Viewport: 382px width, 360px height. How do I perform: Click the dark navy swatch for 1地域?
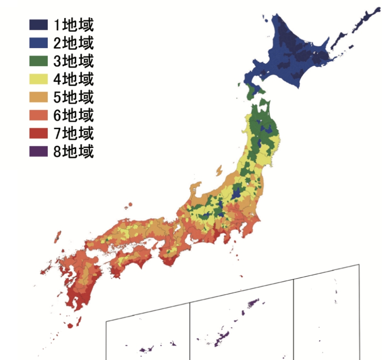click(x=39, y=24)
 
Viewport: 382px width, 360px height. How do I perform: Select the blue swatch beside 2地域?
click(x=39, y=42)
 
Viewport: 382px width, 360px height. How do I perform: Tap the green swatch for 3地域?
click(x=39, y=60)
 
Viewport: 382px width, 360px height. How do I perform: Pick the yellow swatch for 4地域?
click(x=39, y=79)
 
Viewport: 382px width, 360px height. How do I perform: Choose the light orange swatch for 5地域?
click(x=39, y=97)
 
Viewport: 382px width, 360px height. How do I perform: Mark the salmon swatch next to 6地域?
click(x=39, y=115)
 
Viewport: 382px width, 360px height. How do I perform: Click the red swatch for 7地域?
click(x=39, y=133)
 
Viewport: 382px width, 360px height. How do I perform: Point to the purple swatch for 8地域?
click(x=39, y=152)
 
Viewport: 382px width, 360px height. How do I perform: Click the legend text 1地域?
click(x=74, y=24)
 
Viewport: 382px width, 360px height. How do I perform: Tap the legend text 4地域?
click(x=74, y=79)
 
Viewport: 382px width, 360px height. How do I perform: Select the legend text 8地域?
click(x=74, y=152)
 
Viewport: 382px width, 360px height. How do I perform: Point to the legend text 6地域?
click(x=74, y=115)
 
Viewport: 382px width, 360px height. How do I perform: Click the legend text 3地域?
click(x=74, y=60)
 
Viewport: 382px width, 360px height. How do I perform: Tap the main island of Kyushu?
click(x=81, y=280)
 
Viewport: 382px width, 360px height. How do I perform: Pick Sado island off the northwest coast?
click(x=219, y=170)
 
